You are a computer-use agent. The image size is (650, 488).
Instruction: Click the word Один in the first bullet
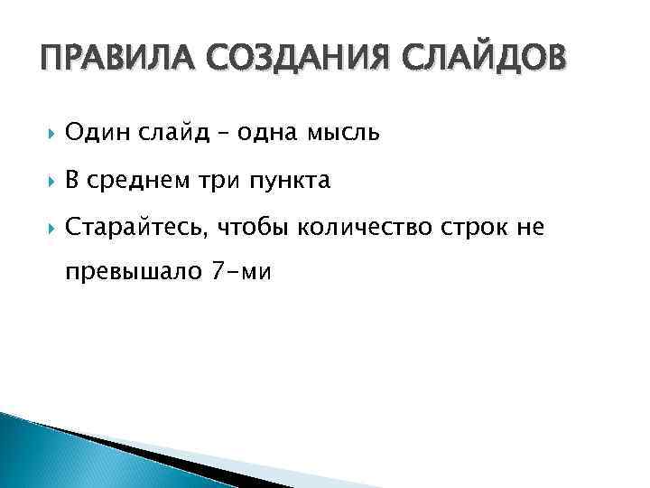point(100,134)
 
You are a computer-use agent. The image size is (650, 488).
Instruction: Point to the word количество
point(361,230)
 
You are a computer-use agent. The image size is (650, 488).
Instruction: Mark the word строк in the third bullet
point(470,230)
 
